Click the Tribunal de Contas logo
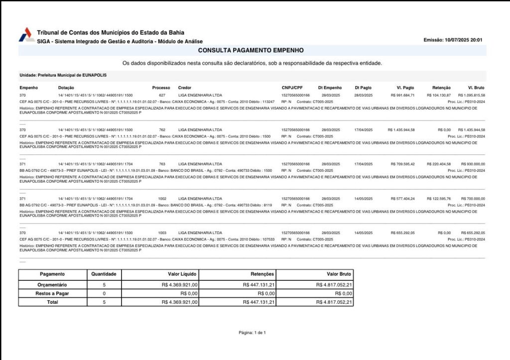[26, 35]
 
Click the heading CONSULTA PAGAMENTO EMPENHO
[251, 50]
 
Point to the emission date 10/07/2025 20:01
[453, 40]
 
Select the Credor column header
[185, 88]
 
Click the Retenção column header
[441, 88]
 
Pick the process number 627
[162, 95]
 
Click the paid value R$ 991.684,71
[402, 95]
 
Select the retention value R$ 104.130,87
[439, 95]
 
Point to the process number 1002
[162, 198]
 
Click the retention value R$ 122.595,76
[439, 198]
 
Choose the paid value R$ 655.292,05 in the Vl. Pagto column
[402, 233]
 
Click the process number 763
[162, 164]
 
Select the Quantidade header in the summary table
[104, 274]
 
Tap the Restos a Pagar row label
[52, 293]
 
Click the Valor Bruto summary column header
[339, 274]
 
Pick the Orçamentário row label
[52, 284]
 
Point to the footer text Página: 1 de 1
[252, 332]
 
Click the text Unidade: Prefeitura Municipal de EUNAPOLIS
[63, 75]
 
